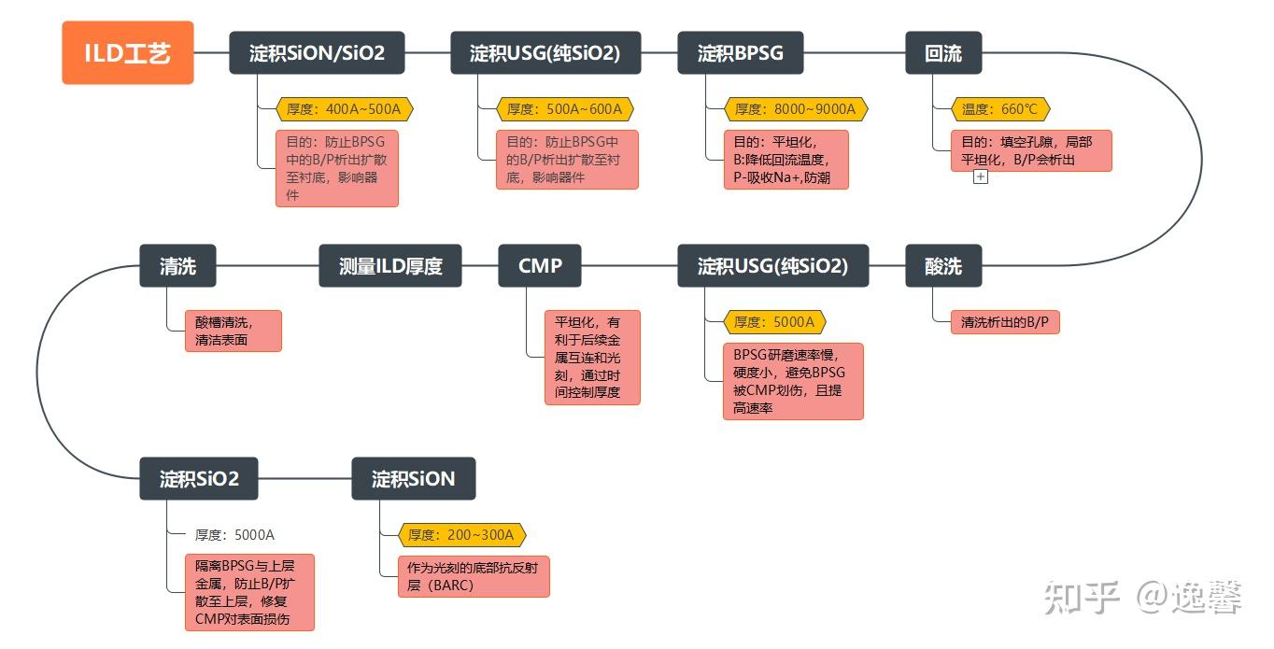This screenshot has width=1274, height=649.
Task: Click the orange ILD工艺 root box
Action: click(x=128, y=53)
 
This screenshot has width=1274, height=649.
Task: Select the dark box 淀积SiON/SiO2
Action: click(x=317, y=53)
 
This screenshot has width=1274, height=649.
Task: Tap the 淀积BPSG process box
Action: click(x=740, y=53)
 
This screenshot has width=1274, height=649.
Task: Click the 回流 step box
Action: click(x=943, y=53)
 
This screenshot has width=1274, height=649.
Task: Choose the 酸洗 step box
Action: click(x=943, y=265)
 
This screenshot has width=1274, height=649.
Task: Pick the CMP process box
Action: click(x=540, y=265)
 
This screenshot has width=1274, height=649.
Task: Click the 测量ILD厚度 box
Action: click(x=390, y=265)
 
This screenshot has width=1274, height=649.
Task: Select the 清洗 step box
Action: click(x=178, y=265)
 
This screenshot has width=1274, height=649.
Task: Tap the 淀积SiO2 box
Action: click(x=199, y=478)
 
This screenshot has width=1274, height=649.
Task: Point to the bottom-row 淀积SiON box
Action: click(x=414, y=478)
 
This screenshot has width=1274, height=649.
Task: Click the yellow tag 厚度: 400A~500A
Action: click(x=344, y=108)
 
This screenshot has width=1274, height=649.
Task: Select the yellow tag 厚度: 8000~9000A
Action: click(x=796, y=108)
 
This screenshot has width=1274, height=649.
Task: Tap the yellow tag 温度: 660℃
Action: click(x=1000, y=108)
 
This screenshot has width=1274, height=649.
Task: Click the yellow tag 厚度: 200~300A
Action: click(x=461, y=535)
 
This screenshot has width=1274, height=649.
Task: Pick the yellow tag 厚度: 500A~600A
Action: click(x=565, y=108)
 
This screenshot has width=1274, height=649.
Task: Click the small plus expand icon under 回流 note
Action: click(x=981, y=176)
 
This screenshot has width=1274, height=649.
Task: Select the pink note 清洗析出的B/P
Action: click(x=1005, y=322)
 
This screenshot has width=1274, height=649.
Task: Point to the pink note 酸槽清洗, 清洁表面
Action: click(x=234, y=332)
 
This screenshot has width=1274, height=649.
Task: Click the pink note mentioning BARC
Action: click(x=474, y=576)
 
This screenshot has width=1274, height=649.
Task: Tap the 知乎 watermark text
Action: click(x=1082, y=598)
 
